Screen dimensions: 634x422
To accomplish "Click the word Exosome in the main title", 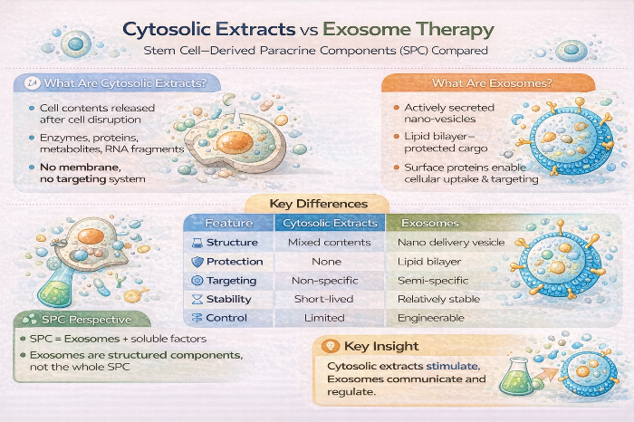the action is [x=366, y=29].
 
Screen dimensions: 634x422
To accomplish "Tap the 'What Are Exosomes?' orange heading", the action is [x=492, y=83].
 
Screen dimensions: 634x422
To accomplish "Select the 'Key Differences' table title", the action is [x=319, y=204].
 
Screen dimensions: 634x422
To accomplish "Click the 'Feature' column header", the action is [x=229, y=223].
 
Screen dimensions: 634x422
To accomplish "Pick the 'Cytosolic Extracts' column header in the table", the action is [x=330, y=223].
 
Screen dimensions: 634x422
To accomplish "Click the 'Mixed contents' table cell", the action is [x=330, y=243].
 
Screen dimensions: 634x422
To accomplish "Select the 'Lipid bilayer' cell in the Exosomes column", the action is [x=429, y=262].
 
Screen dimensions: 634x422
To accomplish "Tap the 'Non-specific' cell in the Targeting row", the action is [x=325, y=281].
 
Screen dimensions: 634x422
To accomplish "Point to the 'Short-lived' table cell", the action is [x=324, y=299].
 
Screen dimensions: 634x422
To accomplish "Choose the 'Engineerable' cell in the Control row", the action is [x=431, y=318].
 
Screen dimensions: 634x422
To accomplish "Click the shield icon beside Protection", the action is [x=197, y=262].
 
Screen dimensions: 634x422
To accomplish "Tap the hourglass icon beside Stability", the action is [x=197, y=300].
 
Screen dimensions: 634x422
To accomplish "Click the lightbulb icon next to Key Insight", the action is [x=331, y=346].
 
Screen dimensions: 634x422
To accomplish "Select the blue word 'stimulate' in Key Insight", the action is [x=453, y=366].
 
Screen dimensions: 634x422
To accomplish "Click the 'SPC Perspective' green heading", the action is [x=87, y=320].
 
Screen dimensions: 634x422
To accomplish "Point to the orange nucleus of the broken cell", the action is [x=235, y=142].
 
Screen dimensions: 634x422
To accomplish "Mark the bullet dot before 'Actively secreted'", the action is [x=397, y=108].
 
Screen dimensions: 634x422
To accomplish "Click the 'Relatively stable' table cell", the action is [x=438, y=299].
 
